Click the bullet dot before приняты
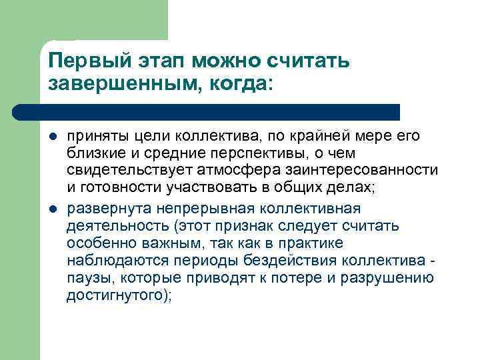tap(53, 137)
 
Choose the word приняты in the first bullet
tap(93, 137)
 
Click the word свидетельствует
tap(126, 171)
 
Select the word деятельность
tap(115, 226)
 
